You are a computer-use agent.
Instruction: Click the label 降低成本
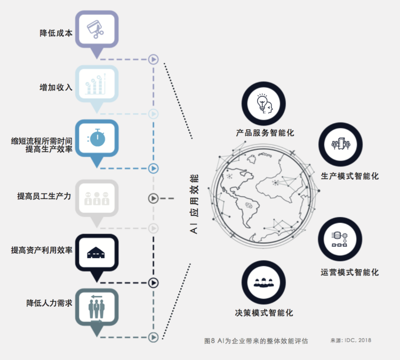(x=56, y=33)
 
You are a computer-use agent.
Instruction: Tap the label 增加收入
(x=56, y=87)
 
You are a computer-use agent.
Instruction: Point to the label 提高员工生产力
(x=44, y=196)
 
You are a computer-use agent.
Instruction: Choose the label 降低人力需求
(x=49, y=303)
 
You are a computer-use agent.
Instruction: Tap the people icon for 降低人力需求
(x=97, y=307)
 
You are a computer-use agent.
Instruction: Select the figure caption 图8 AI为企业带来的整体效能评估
(x=256, y=340)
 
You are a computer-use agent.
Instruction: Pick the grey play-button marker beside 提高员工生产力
(x=153, y=199)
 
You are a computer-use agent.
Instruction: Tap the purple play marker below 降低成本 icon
(x=153, y=59)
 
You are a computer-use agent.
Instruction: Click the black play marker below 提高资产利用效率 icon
(x=153, y=283)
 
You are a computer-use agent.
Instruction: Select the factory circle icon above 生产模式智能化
(x=341, y=145)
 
